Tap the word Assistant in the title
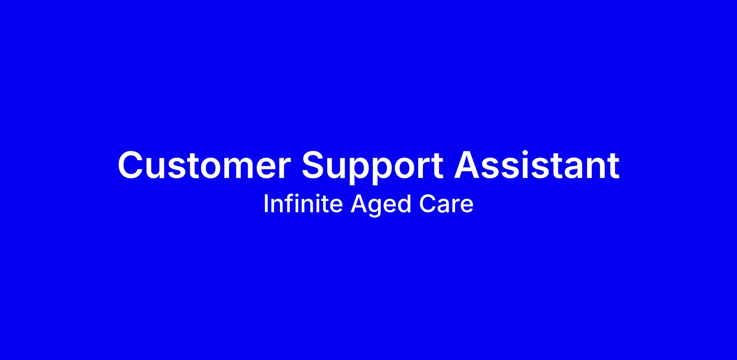click(537, 165)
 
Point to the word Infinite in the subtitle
click(303, 204)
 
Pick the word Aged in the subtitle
click(381, 206)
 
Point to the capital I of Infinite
click(265, 204)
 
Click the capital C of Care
click(427, 204)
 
